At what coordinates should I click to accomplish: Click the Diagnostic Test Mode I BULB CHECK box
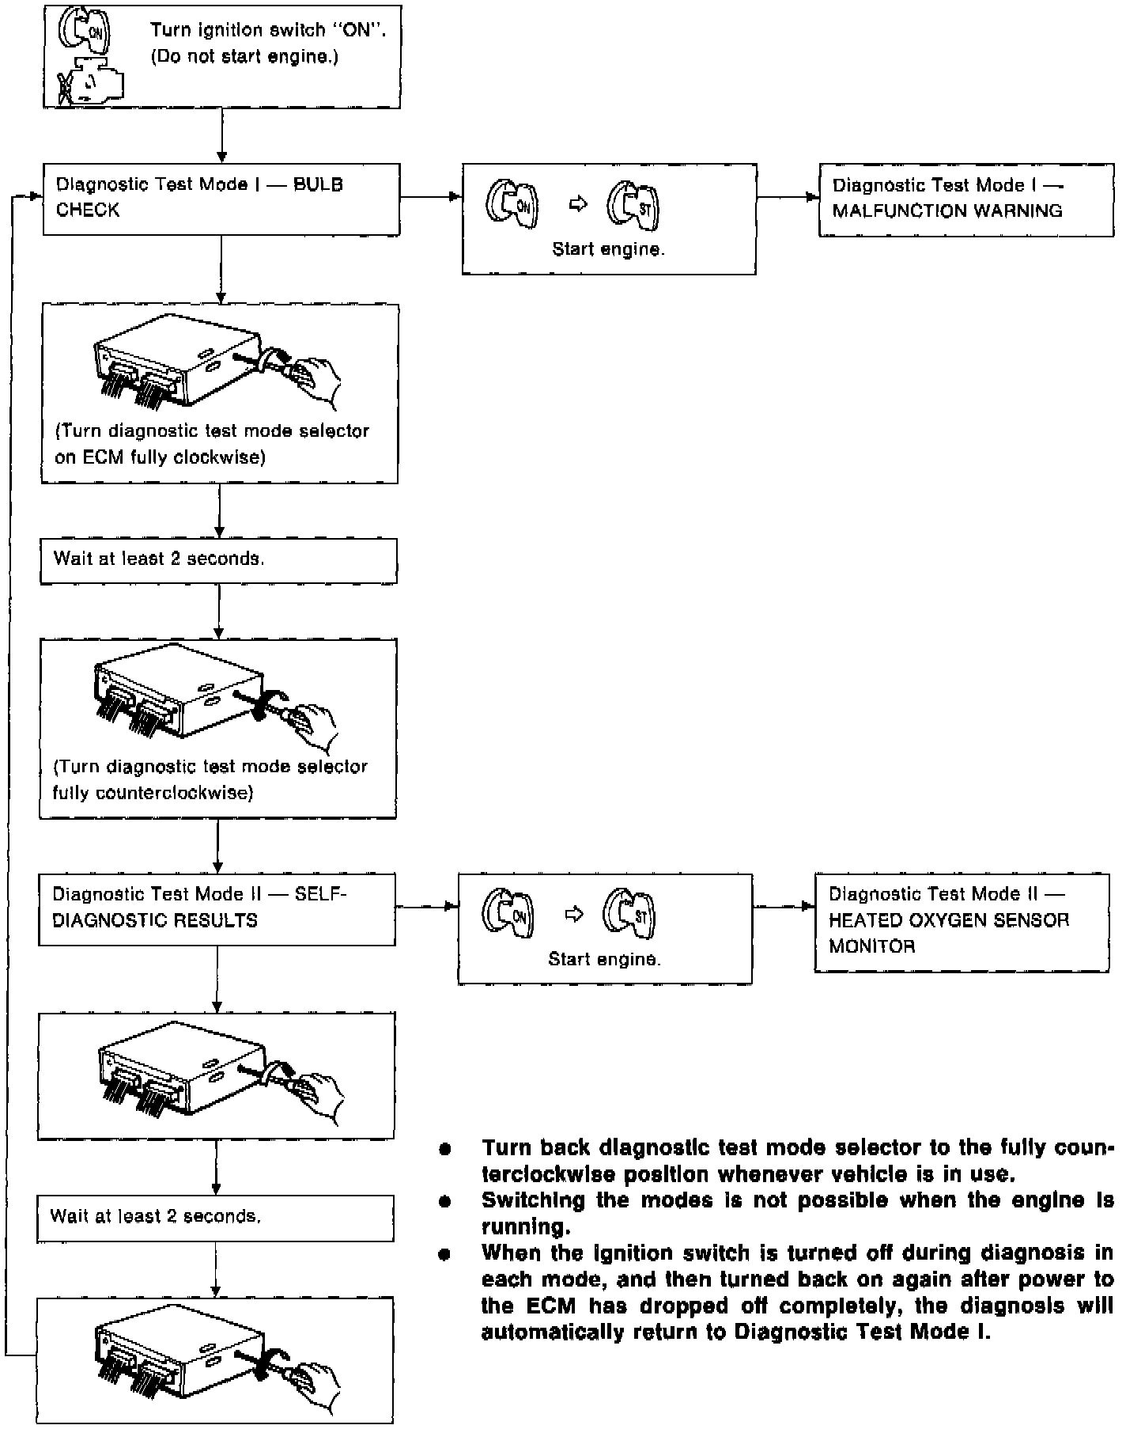221,199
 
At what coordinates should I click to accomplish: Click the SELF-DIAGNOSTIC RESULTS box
217,908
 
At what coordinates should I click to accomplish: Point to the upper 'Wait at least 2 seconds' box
218,560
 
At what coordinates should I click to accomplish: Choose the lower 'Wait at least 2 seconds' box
215,1217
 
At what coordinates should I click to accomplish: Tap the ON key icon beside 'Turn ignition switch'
85,32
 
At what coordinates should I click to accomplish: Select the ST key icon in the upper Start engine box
633,205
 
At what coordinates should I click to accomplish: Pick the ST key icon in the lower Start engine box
629,915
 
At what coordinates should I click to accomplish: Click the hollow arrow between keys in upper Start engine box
580,204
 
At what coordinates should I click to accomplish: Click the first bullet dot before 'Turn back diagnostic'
445,1148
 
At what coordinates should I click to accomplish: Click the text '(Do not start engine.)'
244,57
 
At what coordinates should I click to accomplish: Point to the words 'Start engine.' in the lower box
604,959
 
